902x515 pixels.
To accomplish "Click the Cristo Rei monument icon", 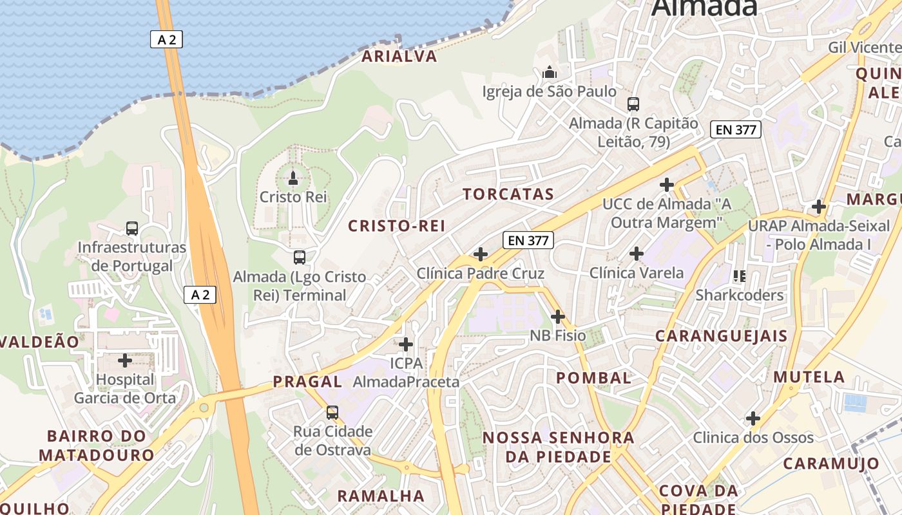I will [293, 177].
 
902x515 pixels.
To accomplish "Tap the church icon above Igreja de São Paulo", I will [550, 72].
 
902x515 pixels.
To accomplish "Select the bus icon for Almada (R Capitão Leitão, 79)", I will [633, 104].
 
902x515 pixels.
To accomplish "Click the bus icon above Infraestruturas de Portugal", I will [132, 228].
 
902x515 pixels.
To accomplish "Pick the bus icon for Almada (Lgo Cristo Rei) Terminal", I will [300, 257].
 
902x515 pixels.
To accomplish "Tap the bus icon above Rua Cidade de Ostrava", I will [332, 412].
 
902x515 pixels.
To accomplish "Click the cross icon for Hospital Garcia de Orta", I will [125, 360].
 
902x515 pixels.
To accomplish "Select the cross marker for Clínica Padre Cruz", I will [481, 254].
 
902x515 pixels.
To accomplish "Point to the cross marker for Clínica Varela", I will [637, 254].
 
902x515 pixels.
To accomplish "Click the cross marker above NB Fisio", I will [558, 317].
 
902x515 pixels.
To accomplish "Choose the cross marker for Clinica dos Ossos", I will [753, 418].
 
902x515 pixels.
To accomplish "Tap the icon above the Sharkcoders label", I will [739, 276].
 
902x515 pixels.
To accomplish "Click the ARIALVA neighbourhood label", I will [399, 57].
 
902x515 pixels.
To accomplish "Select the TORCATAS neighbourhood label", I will [508, 194].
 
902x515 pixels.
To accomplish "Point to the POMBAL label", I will [594, 378].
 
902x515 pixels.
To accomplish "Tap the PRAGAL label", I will [307, 382].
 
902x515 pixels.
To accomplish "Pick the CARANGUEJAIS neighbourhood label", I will [722, 336].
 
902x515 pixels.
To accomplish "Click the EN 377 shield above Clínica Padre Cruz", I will [528, 241].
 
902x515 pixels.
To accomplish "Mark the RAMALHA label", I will [381, 496].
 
